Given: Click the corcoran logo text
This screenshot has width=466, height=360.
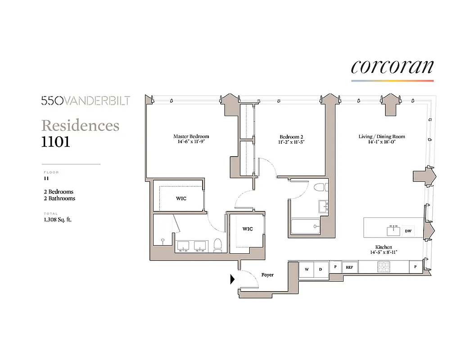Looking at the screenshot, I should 392,67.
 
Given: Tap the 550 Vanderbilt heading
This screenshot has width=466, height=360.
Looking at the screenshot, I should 86,101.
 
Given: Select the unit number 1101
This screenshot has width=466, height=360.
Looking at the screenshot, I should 56,141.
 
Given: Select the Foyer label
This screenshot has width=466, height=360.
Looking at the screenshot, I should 267,274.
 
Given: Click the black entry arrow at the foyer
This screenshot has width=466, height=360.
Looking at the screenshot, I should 232,279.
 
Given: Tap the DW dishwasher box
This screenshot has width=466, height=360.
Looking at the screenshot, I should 408,231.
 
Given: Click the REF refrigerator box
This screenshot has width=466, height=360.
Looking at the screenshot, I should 349,267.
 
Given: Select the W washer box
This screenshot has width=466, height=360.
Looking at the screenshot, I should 307,269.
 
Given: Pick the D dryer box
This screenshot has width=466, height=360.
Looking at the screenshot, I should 321,269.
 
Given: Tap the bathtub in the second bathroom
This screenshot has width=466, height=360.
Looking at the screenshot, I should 305,226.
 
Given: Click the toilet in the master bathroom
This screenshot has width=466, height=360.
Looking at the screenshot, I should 218,245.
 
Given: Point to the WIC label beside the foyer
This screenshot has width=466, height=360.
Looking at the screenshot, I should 247,229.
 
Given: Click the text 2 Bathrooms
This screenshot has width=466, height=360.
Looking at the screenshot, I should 59,198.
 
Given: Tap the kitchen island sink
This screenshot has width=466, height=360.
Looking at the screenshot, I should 394,230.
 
